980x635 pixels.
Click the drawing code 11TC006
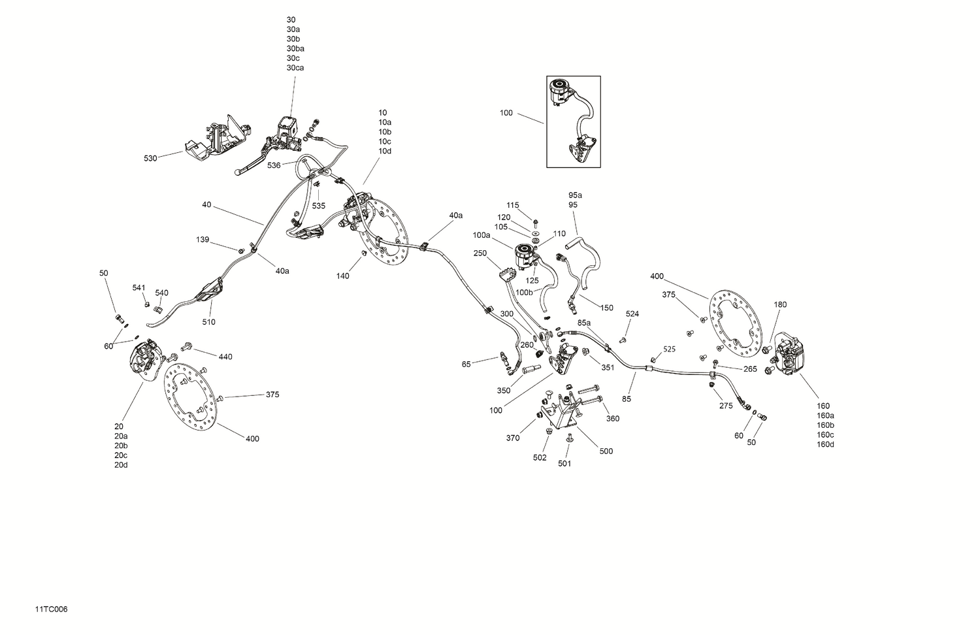pyautogui.click(x=52, y=610)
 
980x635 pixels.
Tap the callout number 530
pyautogui.click(x=150, y=159)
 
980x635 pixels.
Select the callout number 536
pyautogui.click(x=274, y=166)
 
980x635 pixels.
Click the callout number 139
pyautogui.click(x=203, y=240)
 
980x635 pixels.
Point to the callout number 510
pyautogui.click(x=208, y=322)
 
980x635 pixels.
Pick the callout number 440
pyautogui.click(x=225, y=357)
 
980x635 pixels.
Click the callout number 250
pyautogui.click(x=480, y=253)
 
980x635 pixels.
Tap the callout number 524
pyautogui.click(x=632, y=314)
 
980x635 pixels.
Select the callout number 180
pyautogui.click(x=780, y=304)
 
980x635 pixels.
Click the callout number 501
pyautogui.click(x=564, y=464)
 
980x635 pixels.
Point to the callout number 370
pyautogui.click(x=513, y=438)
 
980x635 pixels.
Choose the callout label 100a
pyautogui.click(x=482, y=235)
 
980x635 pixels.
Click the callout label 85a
pyautogui.click(x=584, y=323)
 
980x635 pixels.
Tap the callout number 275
pyautogui.click(x=726, y=406)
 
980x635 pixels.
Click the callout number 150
pyautogui.click(x=607, y=308)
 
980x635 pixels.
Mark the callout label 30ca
pyautogui.click(x=295, y=68)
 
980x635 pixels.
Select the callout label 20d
pyautogui.click(x=121, y=465)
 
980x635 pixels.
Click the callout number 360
pyautogui.click(x=612, y=419)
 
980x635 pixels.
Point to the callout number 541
pyautogui.click(x=139, y=287)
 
